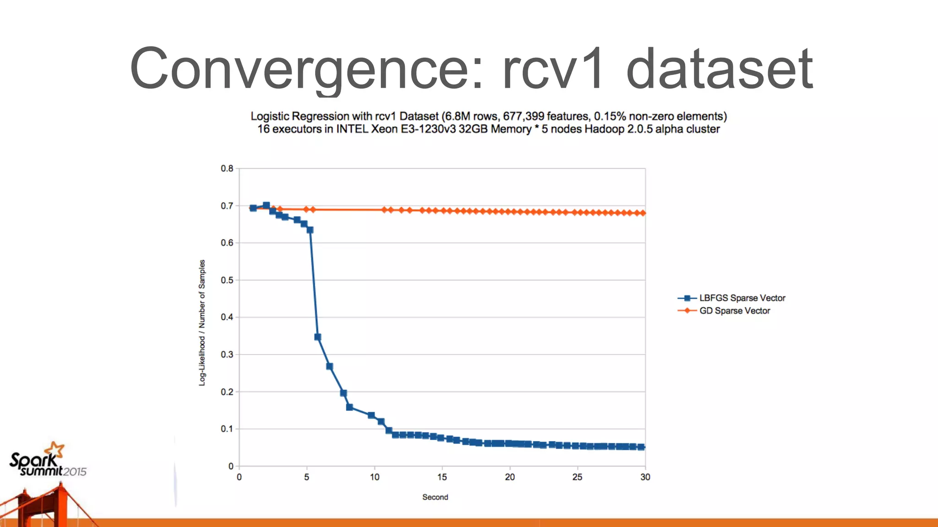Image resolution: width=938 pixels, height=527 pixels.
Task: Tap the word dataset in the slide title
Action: coord(719,69)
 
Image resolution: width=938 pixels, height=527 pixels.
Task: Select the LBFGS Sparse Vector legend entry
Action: coord(742,298)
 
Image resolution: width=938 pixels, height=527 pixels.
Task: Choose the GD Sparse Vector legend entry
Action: coord(734,311)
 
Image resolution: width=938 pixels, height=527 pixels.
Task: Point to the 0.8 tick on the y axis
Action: coord(227,168)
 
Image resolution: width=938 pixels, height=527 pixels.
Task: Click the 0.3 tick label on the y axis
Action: coord(227,355)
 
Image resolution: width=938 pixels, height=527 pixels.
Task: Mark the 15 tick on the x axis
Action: coord(442,477)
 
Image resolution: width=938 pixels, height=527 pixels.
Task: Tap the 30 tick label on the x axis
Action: coord(645,477)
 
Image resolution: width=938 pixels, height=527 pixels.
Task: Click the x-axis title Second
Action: coord(435,497)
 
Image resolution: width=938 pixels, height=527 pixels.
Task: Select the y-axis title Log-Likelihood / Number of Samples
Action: coord(202,323)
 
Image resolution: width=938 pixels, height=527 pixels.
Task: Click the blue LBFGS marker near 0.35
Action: coord(318,337)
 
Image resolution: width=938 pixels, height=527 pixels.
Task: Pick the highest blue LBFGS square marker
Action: coord(267,205)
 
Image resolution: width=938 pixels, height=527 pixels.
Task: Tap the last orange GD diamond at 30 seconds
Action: coord(643,213)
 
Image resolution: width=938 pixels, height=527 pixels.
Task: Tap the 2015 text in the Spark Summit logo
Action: coord(75,472)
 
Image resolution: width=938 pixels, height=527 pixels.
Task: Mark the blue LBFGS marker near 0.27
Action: coord(330,366)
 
